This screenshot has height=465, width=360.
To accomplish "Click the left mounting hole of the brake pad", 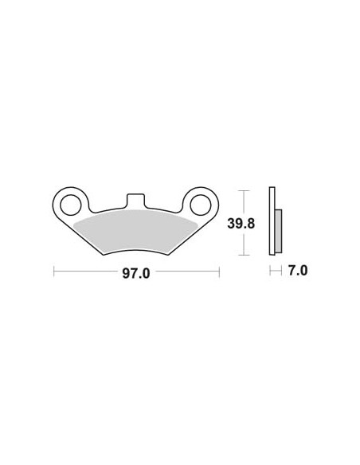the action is point(71,205).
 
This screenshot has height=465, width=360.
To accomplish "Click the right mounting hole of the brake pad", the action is point(201,205).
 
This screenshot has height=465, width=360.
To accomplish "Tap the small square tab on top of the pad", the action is point(135,200).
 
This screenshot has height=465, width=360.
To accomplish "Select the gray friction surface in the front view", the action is point(135,232).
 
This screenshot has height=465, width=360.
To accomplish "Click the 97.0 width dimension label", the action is point(136,273).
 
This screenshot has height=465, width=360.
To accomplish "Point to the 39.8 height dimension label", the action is point(241,223).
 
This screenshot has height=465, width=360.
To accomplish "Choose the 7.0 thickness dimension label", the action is point(297,271).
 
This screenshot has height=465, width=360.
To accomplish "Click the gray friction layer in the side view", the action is point(279,231).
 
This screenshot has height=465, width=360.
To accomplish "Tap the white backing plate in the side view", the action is point(272,221).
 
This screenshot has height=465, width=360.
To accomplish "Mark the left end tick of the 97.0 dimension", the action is point(53,272).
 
